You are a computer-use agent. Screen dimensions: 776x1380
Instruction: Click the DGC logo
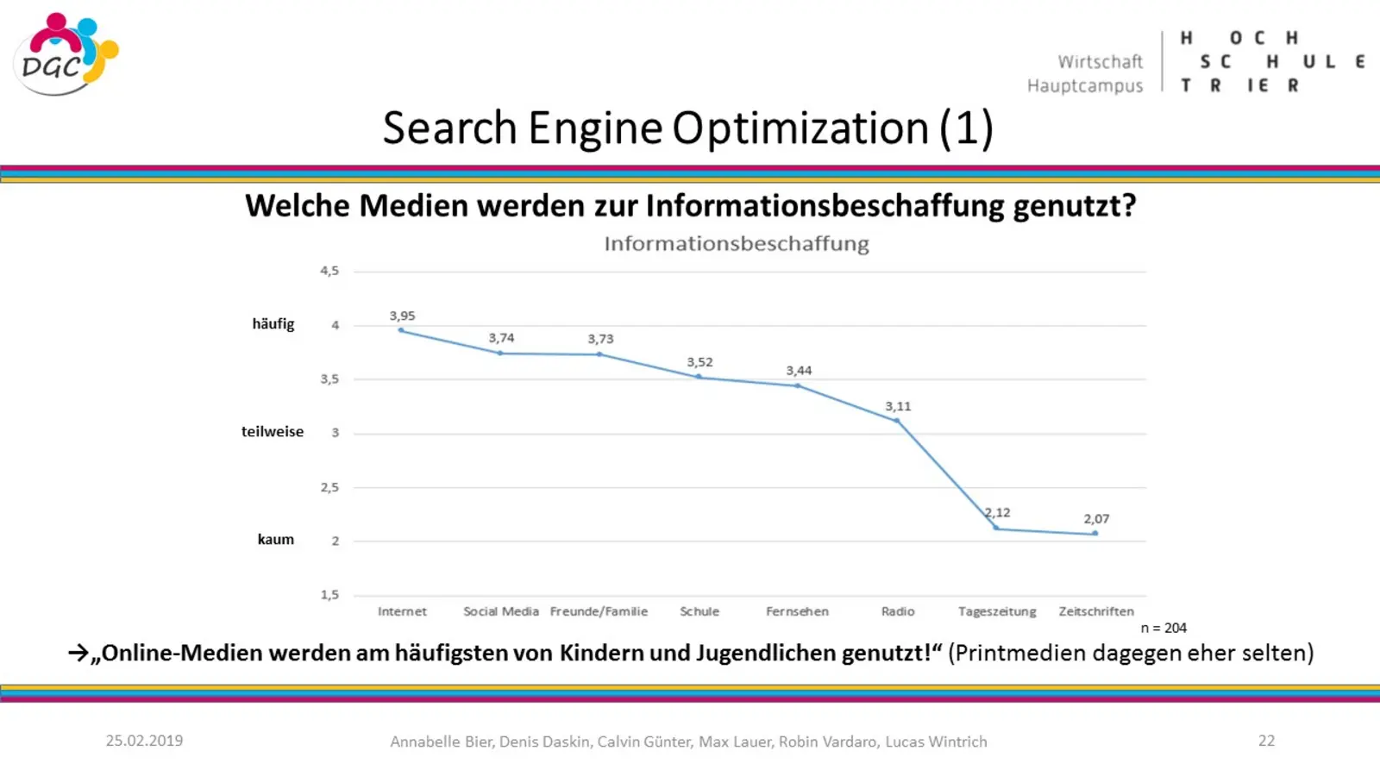pos(65,53)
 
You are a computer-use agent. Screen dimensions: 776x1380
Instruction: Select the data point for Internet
pos(401,330)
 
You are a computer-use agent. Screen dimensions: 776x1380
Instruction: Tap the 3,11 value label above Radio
pos(898,406)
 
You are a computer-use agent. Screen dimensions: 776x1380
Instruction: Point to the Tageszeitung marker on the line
pos(996,528)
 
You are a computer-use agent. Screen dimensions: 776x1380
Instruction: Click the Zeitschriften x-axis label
pos(1096,611)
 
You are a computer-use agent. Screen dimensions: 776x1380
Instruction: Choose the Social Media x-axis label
pos(501,611)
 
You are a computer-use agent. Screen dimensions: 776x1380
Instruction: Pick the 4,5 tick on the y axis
pos(329,271)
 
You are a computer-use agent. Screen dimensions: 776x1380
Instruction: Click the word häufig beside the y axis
pos(273,324)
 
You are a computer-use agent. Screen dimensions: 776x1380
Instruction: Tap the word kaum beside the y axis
pos(276,540)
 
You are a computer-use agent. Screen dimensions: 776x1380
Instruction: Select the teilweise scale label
pos(273,432)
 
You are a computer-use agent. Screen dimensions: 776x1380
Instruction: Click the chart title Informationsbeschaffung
pos(737,244)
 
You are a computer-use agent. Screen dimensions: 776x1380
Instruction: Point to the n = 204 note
pos(1164,629)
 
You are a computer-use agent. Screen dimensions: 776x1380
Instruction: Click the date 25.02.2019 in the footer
pos(144,741)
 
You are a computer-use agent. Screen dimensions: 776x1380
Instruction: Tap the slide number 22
pos(1266,741)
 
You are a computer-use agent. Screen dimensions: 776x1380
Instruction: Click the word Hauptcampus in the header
pos(1085,86)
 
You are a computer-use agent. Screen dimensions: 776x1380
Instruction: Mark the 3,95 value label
pos(402,316)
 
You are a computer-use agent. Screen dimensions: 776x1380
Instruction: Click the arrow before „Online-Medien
pos(78,654)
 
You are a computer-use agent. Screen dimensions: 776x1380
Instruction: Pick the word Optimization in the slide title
pos(801,128)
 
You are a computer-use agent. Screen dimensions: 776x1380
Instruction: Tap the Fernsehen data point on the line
pos(798,385)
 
